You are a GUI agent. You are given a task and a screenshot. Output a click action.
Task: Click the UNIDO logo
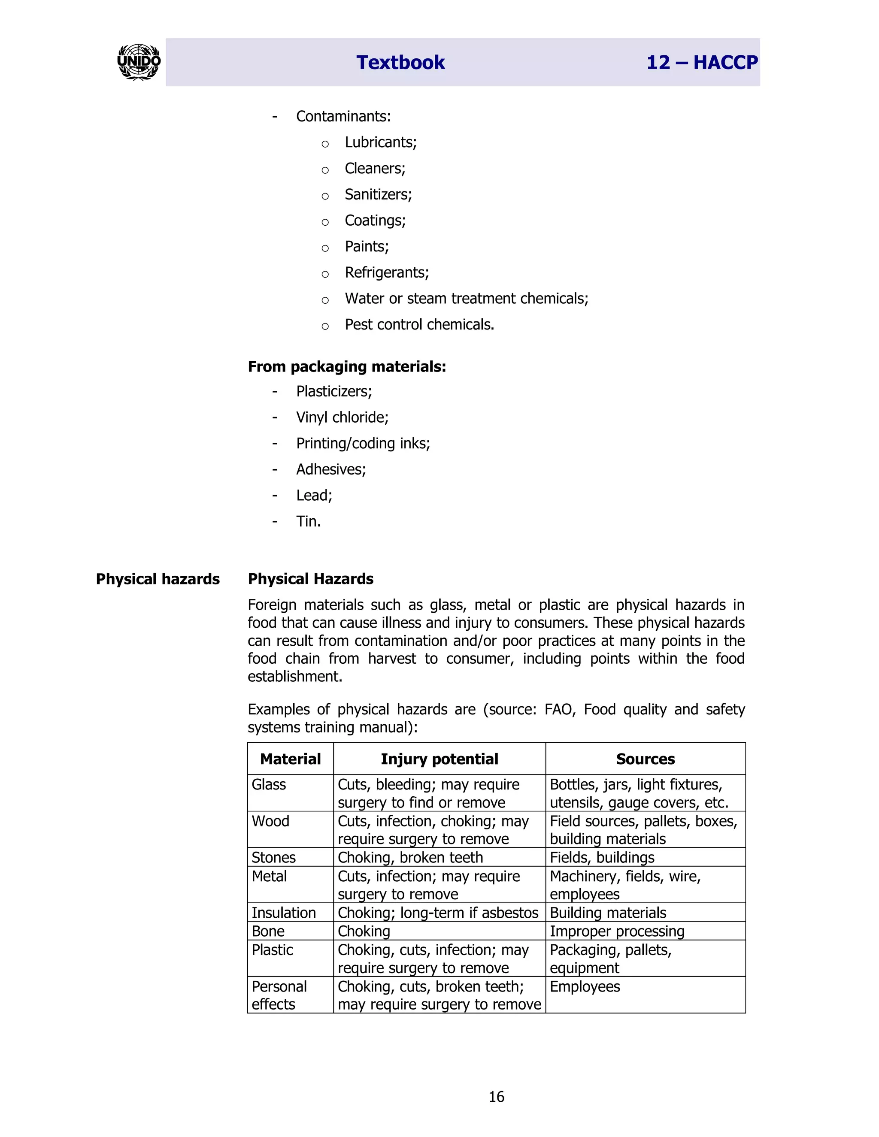(139, 62)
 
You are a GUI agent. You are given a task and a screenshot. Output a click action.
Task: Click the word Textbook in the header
(400, 63)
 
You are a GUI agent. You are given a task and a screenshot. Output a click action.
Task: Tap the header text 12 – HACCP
(701, 63)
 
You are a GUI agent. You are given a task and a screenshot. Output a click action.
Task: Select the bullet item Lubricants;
(380, 142)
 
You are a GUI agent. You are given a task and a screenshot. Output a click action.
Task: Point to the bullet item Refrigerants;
(386, 272)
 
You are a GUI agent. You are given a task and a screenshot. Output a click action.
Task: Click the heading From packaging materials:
(347, 366)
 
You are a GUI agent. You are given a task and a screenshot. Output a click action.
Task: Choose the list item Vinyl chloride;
(342, 417)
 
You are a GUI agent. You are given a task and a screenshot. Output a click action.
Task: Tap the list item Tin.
(308, 521)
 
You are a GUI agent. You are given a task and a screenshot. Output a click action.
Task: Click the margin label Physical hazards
(158, 579)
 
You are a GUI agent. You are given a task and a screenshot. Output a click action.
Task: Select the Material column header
(290, 759)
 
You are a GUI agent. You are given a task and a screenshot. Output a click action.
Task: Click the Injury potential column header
(439, 759)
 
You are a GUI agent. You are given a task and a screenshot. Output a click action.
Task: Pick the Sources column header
(645, 759)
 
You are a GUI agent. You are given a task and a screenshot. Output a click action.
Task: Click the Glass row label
(269, 785)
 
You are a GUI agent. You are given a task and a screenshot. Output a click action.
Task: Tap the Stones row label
(273, 857)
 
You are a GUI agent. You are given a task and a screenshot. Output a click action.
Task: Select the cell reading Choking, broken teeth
(410, 857)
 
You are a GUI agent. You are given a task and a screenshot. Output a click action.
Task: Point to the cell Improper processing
(617, 931)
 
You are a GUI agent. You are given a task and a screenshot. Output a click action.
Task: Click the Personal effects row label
(279, 995)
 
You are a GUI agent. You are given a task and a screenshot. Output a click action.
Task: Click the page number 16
(496, 1097)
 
